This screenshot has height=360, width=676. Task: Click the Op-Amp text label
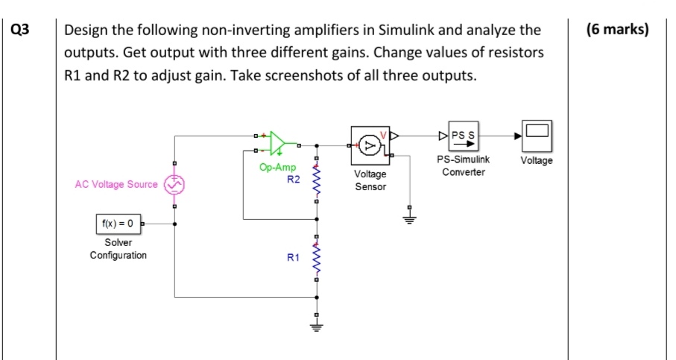coord(274,168)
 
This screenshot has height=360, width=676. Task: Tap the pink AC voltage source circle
coord(174,185)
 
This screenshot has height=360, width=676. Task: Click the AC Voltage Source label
coord(116,185)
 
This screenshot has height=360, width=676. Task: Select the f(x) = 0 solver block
coord(117,223)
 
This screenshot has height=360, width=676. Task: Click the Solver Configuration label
coord(118,249)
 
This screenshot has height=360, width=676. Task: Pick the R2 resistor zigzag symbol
coord(318,181)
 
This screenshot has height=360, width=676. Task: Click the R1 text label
coord(293,258)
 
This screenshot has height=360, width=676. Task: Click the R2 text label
coord(293,180)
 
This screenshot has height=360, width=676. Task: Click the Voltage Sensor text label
coord(370,180)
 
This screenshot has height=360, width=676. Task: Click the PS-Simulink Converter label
coord(464,165)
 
